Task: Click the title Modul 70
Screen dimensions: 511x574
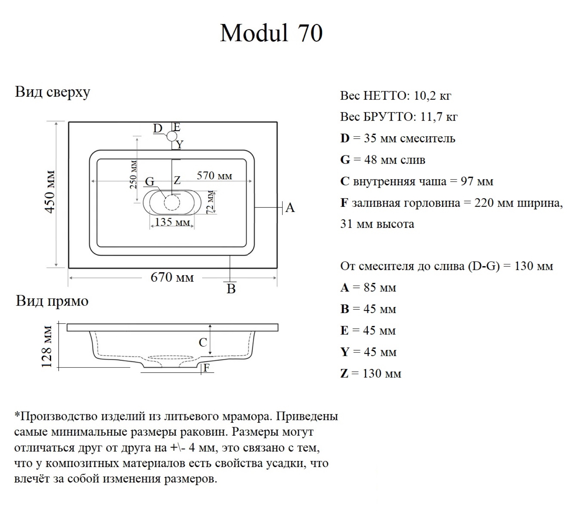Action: click(x=271, y=33)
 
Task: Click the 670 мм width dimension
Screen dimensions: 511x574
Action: click(x=172, y=277)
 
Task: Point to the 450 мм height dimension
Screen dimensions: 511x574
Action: click(x=50, y=191)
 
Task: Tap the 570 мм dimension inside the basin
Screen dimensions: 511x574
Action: click(x=214, y=176)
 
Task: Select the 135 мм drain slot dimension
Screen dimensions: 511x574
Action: click(x=172, y=222)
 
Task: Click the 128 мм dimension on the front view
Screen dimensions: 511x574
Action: click(x=47, y=346)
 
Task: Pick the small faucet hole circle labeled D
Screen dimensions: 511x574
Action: click(x=172, y=136)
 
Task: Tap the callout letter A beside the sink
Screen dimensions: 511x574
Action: click(x=290, y=207)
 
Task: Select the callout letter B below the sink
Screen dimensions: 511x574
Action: click(x=231, y=289)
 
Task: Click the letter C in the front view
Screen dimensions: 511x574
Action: click(x=203, y=342)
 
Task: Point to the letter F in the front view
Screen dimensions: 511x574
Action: click(x=206, y=368)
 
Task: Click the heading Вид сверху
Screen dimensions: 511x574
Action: click(x=52, y=92)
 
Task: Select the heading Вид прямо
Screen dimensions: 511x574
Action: click(x=52, y=301)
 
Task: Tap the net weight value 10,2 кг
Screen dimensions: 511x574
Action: click(x=432, y=96)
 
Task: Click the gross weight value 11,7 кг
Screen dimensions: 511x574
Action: click(x=439, y=117)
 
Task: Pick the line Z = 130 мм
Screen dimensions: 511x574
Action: click(x=371, y=373)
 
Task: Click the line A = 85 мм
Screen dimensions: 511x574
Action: click(x=368, y=288)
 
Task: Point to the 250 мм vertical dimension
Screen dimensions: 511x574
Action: click(x=133, y=174)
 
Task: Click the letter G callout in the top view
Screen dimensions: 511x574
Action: click(x=150, y=182)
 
